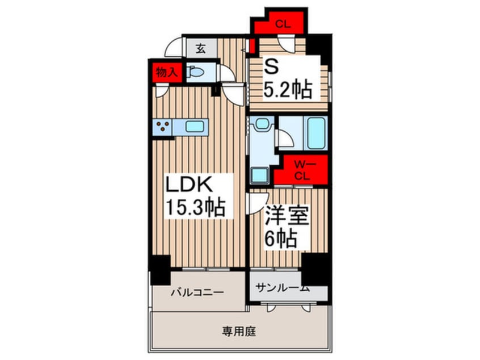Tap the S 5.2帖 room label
point(288,78)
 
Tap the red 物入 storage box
point(166,72)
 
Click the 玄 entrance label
point(200,49)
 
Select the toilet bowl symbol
point(195,72)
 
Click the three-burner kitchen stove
point(162,127)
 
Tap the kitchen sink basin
point(195,127)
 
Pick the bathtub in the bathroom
point(316,133)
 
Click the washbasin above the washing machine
point(262,123)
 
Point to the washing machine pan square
point(260,175)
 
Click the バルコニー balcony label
point(197,292)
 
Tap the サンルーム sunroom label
point(283,288)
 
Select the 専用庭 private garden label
point(239,331)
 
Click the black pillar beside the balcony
point(160,270)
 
